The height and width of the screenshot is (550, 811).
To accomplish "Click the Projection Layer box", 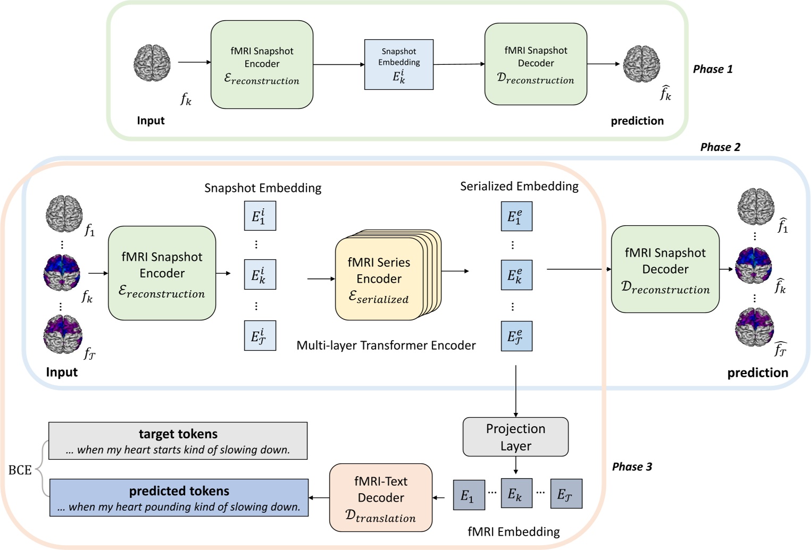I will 515,437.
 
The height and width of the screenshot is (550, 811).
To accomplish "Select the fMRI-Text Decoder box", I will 381,497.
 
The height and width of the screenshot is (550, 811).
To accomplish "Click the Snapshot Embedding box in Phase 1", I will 399,64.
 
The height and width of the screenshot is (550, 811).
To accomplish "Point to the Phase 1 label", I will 713,69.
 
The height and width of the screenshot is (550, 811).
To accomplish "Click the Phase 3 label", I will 632,467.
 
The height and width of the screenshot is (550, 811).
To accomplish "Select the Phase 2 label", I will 720,147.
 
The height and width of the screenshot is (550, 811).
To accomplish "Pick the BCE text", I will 20,470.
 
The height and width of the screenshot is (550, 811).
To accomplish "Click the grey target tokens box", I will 178,441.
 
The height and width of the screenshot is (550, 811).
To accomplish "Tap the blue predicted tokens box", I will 179,498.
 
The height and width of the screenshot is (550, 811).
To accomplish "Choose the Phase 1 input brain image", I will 152,63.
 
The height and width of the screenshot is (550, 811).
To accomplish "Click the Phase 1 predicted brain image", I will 642,64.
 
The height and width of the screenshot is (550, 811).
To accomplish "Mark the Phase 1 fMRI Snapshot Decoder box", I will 536,64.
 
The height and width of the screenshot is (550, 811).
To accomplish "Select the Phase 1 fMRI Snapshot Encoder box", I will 262,65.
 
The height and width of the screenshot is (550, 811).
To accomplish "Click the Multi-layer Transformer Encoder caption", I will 386,345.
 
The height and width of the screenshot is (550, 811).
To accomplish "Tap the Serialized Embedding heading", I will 519,187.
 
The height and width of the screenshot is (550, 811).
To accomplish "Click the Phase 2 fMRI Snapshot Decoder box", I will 665,269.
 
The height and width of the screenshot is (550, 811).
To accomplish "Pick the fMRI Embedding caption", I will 513,531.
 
